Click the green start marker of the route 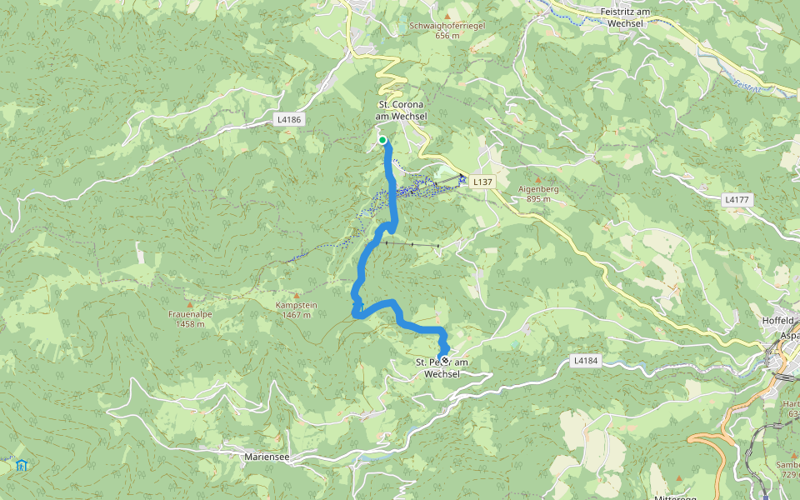click(382, 140)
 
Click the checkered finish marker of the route click(445, 361)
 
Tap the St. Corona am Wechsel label click(402, 110)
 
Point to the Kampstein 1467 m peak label click(297, 310)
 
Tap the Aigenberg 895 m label click(537, 193)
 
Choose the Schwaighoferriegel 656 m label click(447, 30)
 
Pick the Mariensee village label click(267, 457)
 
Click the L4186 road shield click(288, 120)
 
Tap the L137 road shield click(482, 181)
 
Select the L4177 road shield click(737, 200)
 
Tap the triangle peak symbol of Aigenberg click(537, 178)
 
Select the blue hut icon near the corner click(21, 464)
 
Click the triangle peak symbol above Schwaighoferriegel click(447, 16)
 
